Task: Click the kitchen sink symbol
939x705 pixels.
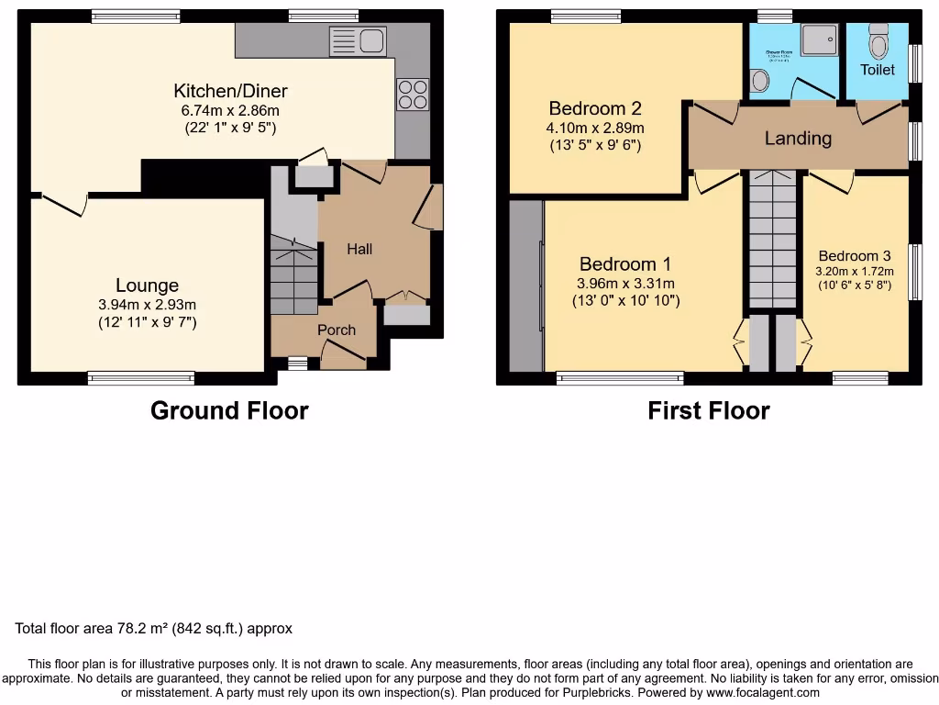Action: coord(358,41)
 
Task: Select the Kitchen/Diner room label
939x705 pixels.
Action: coord(230,91)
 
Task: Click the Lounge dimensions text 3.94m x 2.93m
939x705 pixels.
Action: coord(147,305)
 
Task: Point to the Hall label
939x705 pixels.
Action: coord(359,249)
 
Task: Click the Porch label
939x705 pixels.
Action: coord(336,330)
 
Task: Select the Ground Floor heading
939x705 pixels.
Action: coord(229,410)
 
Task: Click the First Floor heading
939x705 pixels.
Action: coord(708,410)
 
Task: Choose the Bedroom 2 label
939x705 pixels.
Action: coord(594,108)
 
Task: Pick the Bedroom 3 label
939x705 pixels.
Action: coord(855,256)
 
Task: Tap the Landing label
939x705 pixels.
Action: coord(798,139)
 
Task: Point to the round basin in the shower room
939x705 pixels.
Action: coord(759,82)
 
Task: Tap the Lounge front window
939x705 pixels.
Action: coord(141,377)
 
